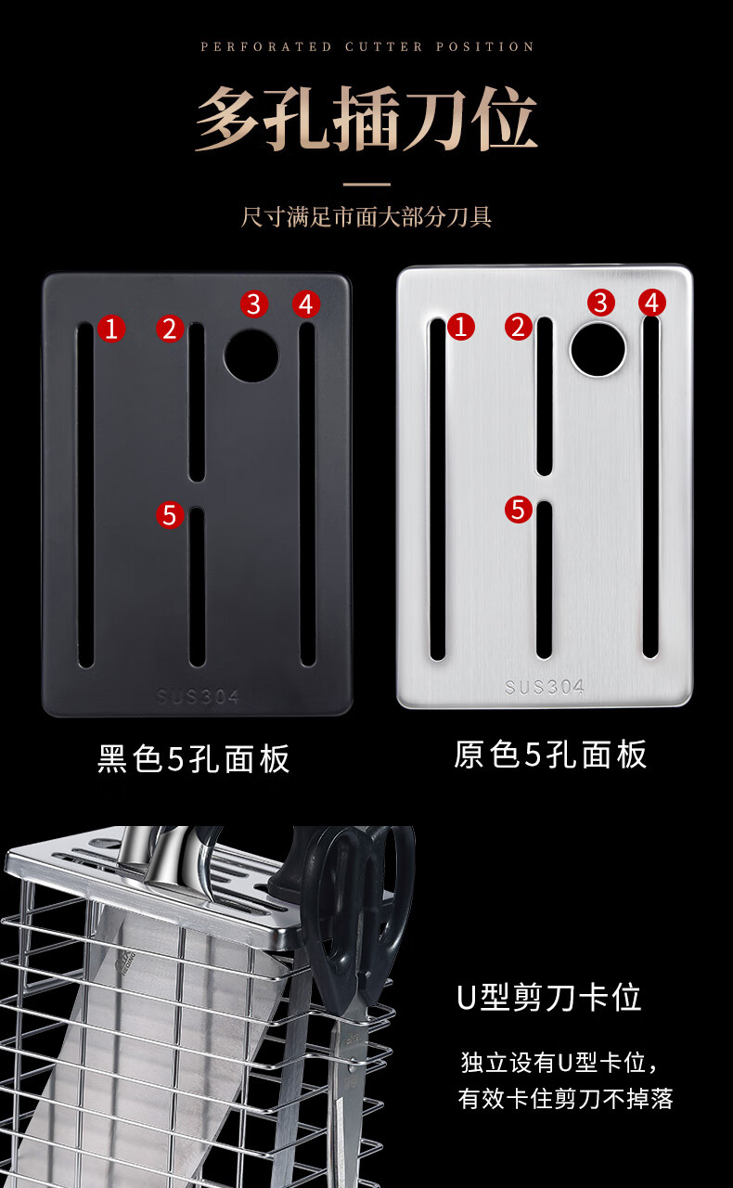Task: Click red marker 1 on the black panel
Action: click(111, 329)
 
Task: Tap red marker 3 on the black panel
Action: click(254, 303)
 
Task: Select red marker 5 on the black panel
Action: click(170, 515)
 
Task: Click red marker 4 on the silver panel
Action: click(652, 303)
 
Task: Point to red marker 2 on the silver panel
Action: click(518, 326)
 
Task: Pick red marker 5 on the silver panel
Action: click(518, 510)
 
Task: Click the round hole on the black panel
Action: click(251, 355)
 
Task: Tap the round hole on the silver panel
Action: click(598, 350)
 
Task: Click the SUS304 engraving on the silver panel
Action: click(544, 688)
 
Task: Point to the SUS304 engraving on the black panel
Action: click(198, 696)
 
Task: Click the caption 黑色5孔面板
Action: click(194, 758)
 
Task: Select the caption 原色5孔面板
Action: click(550, 755)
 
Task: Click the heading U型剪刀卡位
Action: click(549, 998)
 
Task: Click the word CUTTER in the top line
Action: click(383, 46)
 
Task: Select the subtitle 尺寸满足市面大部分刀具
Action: click(366, 216)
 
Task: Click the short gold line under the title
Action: click(366, 184)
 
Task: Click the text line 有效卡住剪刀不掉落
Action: click(566, 1098)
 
